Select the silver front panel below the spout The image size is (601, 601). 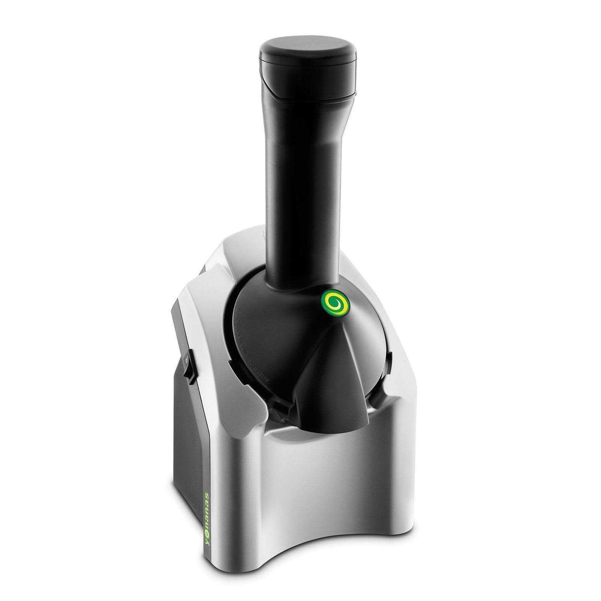click(x=321, y=481)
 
